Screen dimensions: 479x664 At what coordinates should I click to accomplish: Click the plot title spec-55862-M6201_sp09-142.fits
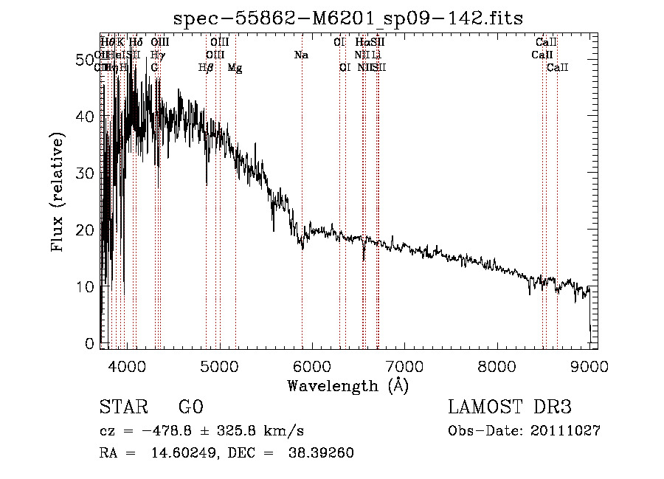point(347,18)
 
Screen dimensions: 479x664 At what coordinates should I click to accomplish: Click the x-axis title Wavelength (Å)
point(347,385)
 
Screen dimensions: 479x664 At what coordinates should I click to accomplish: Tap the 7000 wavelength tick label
point(404,365)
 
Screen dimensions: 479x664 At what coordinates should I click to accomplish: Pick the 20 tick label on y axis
point(86,230)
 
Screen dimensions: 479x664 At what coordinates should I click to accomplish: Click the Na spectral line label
point(301,55)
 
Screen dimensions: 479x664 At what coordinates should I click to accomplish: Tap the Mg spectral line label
point(235,68)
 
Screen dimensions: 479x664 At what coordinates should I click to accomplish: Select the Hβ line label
point(206,68)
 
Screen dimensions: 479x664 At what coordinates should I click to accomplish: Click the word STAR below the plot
point(122,407)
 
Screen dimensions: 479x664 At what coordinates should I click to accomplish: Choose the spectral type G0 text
point(190,407)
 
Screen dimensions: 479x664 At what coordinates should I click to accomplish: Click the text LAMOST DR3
point(510,407)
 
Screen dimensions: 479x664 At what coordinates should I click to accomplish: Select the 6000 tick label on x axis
point(311,365)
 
